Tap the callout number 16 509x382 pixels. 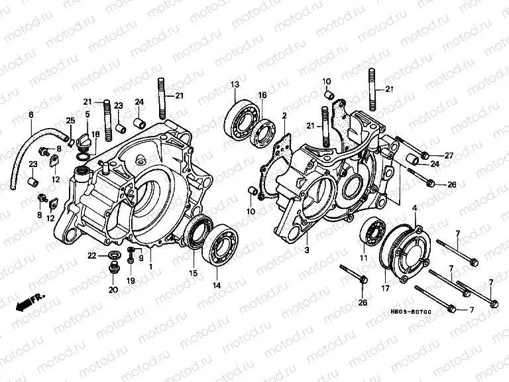(x=262, y=95)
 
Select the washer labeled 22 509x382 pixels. (x=114, y=255)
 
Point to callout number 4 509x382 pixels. (x=416, y=209)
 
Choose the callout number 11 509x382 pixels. (x=363, y=258)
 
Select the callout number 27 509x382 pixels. (x=449, y=156)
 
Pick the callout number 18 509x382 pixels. (x=95, y=135)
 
